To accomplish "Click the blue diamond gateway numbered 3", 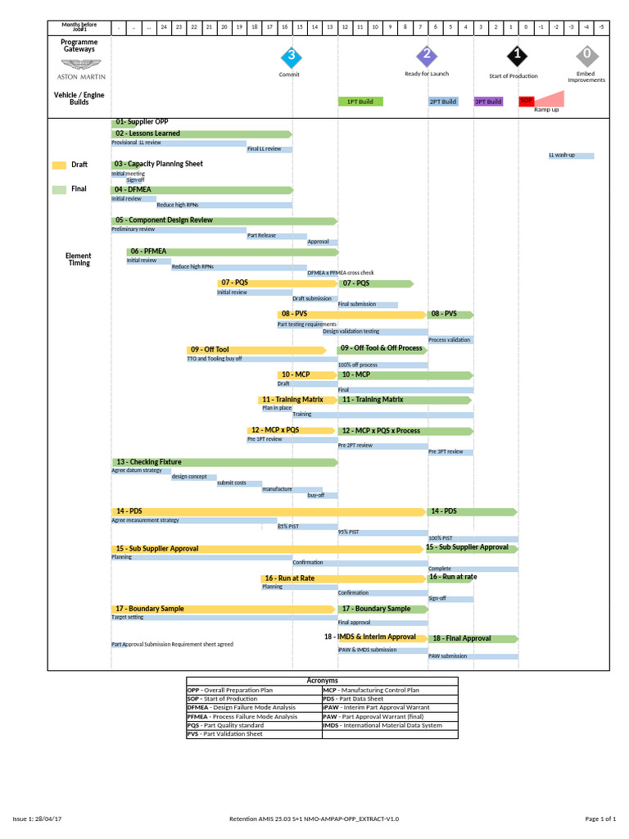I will point(291,57).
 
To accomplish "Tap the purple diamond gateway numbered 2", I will point(427,56).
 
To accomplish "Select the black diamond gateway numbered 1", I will point(517,56).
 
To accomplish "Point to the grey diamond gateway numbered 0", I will point(586,56).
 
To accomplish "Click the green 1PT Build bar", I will point(360,102).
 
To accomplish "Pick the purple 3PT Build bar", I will point(488,102).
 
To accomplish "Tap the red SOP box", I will point(526,101).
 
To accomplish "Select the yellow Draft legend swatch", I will point(59,165).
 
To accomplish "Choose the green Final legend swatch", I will point(59,189).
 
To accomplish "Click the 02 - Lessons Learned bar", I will point(201,134).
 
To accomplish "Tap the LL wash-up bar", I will point(571,155).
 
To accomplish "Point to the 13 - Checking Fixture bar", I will point(224,462).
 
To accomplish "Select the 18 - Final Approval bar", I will point(473,638).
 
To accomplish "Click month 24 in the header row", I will point(164,27).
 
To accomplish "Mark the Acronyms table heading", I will point(323,681).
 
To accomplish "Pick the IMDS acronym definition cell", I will point(390,725).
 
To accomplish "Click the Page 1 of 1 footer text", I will point(600,819).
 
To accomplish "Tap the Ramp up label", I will point(546,109).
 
